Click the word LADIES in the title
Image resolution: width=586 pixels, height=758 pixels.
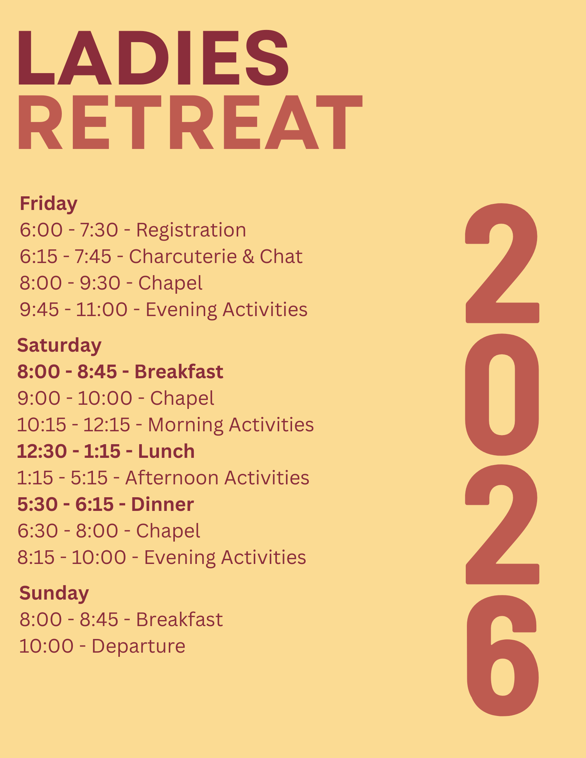coord(153,57)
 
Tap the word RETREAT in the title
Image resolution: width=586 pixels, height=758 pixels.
coord(190,122)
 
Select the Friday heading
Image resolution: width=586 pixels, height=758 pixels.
coord(49,204)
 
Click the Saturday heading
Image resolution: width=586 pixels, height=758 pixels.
coord(59,346)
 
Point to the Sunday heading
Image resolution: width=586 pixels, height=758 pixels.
coord(54,593)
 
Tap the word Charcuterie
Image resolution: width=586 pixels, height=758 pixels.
coord(183,257)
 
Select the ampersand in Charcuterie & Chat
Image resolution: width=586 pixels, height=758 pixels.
coord(248,257)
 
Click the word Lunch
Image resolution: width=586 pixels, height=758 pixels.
coord(167,451)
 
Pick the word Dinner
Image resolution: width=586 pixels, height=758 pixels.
coord(162,504)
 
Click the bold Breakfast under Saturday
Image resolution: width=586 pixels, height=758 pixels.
coord(179,372)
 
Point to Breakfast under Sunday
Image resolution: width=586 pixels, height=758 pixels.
coord(179,620)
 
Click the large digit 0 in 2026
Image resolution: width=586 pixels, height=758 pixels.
coord(502,394)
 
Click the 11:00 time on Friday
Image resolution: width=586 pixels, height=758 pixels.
coord(102,310)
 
